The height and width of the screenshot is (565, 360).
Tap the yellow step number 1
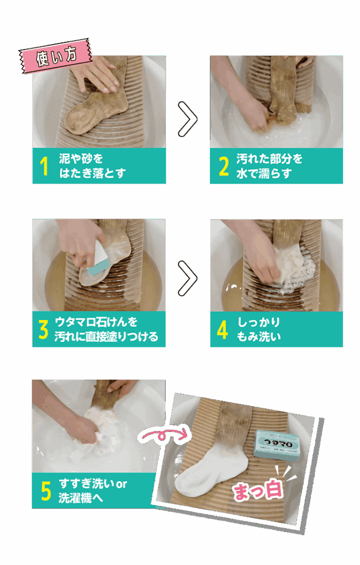(44, 166)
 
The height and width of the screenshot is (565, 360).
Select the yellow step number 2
(224, 166)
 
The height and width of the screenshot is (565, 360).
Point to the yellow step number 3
(44, 329)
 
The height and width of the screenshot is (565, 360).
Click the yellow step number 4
(223, 329)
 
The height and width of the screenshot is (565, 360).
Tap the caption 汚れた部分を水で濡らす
(269, 166)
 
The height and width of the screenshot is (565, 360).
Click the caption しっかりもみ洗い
(259, 329)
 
